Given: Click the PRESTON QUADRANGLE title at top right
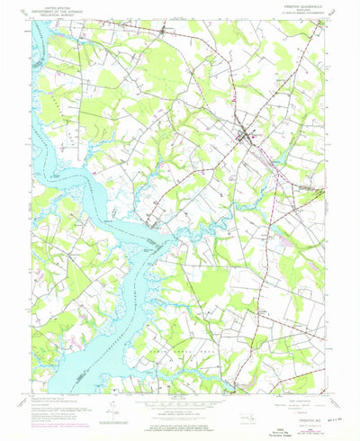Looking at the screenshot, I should click(301, 5).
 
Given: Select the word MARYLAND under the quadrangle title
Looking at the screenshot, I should click(301, 10).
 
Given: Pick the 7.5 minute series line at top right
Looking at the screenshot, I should click(301, 13).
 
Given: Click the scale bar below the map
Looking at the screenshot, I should click(180, 404).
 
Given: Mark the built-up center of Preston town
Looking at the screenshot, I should click(246, 137).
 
